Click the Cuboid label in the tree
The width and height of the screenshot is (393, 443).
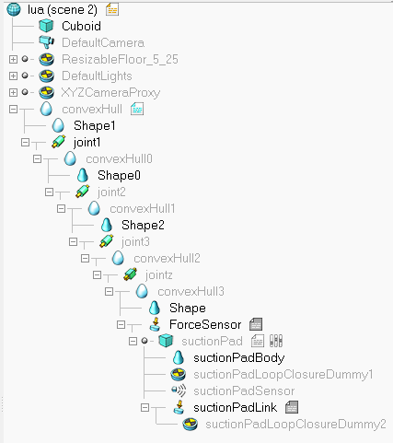click(x=81, y=26)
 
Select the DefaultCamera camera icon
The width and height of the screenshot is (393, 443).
click(x=47, y=42)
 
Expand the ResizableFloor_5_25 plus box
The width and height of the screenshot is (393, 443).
click(x=13, y=59)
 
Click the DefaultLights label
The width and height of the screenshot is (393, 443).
click(x=97, y=76)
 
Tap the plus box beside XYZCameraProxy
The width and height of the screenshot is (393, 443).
click(x=13, y=92)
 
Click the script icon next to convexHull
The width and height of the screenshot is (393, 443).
click(x=137, y=109)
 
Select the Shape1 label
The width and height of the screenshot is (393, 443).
click(x=95, y=125)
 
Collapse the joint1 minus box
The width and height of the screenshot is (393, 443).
click(x=25, y=142)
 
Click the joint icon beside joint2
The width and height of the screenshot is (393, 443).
click(x=83, y=192)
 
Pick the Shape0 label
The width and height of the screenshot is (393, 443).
click(x=119, y=175)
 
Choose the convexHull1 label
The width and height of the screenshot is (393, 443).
click(x=143, y=209)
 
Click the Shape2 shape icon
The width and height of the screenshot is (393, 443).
click(x=107, y=225)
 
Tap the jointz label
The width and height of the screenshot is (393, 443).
click(x=159, y=275)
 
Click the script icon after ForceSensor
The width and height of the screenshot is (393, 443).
click(x=256, y=324)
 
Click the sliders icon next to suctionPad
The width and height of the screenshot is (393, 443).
click(x=276, y=341)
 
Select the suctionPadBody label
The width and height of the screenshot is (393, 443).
click(x=239, y=358)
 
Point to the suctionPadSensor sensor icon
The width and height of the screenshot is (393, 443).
click(x=179, y=391)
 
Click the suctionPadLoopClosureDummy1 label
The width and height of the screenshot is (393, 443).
click(x=283, y=375)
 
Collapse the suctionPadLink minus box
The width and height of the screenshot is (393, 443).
click(x=144, y=407)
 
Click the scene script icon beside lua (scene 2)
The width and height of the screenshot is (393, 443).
click(x=112, y=9)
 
